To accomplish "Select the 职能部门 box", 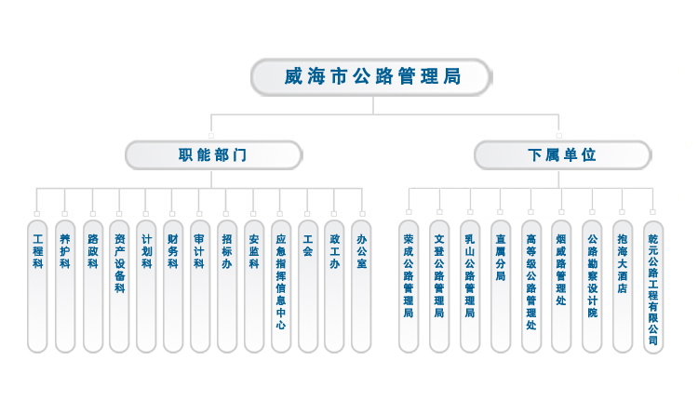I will pos(213,154).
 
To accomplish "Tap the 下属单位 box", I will pos(561,154).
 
